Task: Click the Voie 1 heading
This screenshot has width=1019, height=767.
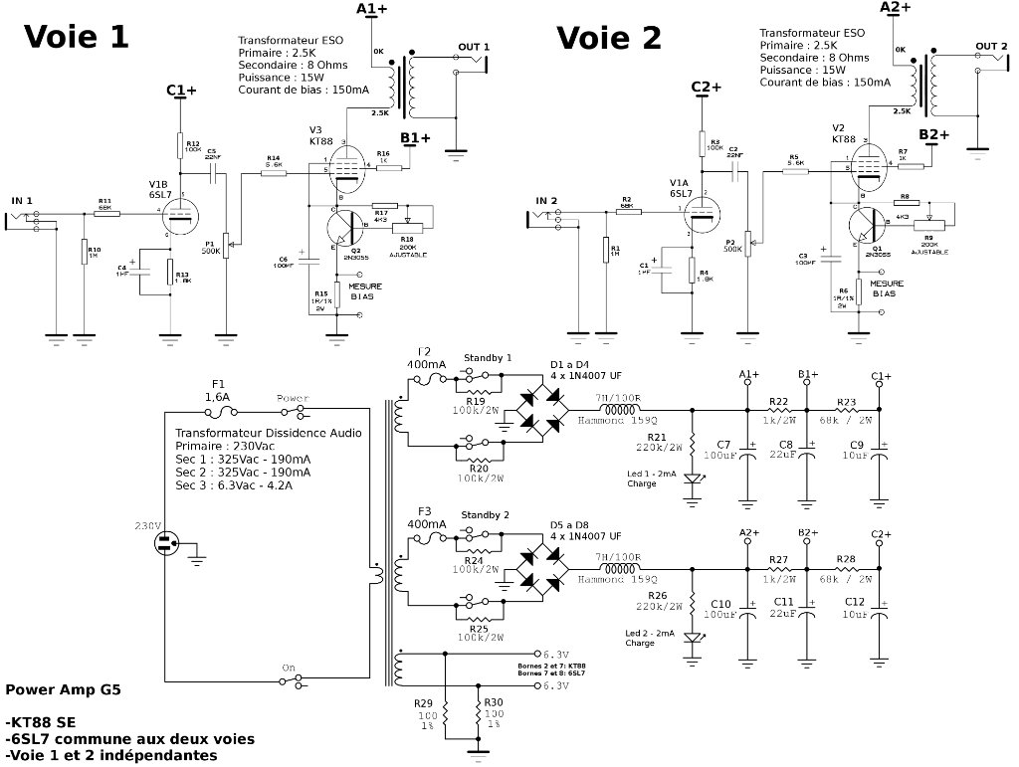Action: pyautogui.click(x=77, y=37)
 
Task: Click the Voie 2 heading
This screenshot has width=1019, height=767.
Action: pyautogui.click(x=608, y=38)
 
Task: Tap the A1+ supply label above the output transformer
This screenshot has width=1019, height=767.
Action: pyautogui.click(x=372, y=10)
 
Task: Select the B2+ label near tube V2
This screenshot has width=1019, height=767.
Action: pyautogui.click(x=934, y=134)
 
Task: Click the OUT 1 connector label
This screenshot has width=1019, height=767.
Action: pyautogui.click(x=474, y=47)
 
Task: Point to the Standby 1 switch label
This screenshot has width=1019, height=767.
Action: pyautogui.click(x=488, y=357)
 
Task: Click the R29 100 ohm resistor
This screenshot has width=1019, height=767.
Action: pyautogui.click(x=447, y=712)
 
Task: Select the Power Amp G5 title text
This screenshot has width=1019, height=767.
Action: pyautogui.click(x=64, y=688)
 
